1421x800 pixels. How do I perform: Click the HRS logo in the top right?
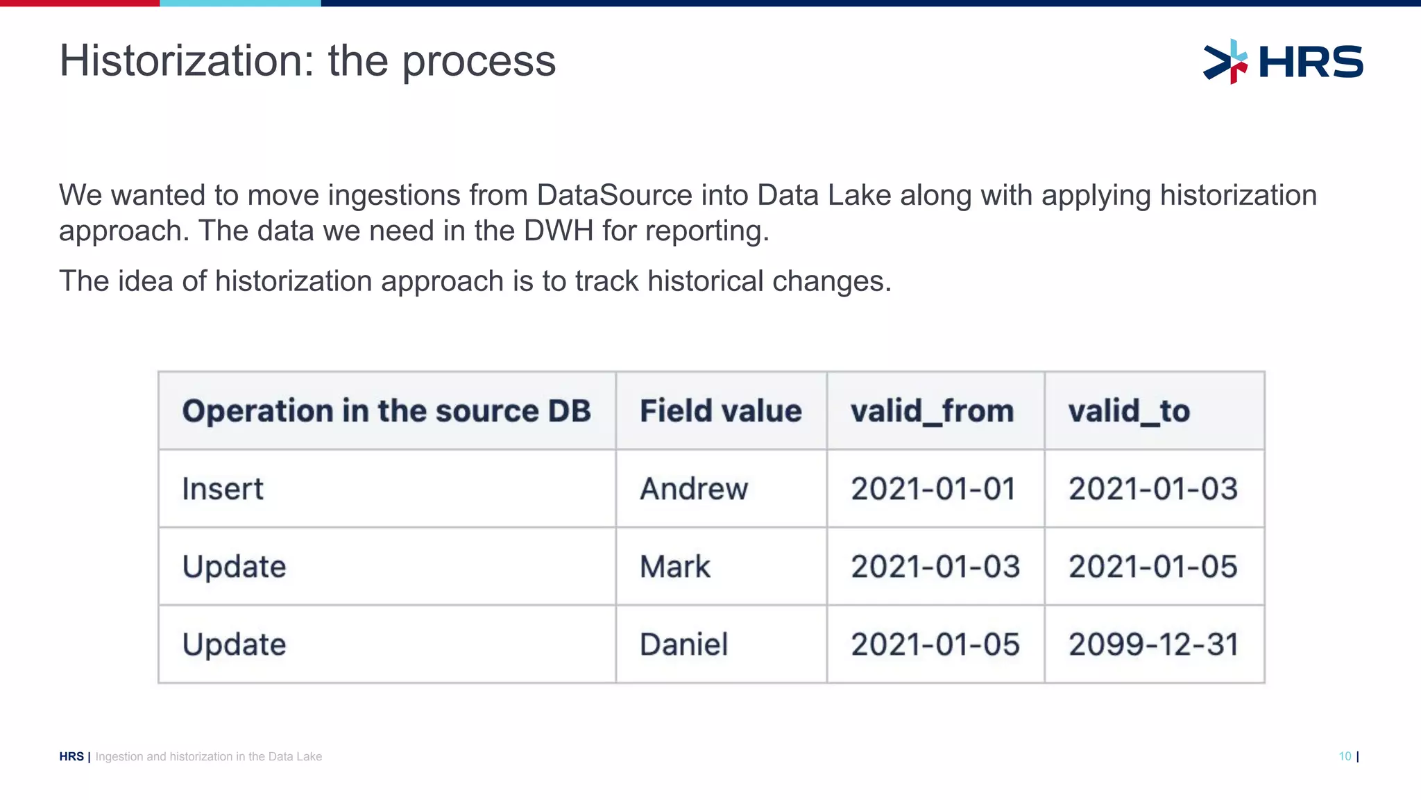(x=1284, y=62)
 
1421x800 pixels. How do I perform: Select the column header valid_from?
(x=932, y=411)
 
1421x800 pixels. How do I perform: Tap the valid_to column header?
(x=1129, y=411)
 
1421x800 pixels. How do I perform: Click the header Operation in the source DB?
(x=386, y=411)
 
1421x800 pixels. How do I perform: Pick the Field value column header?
(x=720, y=411)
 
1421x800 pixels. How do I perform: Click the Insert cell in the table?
(x=223, y=489)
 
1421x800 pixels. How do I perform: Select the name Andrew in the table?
(x=694, y=489)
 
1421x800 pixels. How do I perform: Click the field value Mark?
(x=675, y=567)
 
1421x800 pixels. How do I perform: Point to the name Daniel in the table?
(x=683, y=644)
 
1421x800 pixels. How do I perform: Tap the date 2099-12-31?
(x=1153, y=644)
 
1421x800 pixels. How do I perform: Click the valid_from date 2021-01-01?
(x=933, y=489)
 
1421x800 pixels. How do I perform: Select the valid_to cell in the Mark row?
(x=1153, y=567)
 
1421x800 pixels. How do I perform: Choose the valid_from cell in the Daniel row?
(x=935, y=644)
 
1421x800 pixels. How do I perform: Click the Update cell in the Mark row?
(x=234, y=567)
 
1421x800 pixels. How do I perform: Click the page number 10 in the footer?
(x=1345, y=756)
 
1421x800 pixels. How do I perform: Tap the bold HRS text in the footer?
(x=71, y=756)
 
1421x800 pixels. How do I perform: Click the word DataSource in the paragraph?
(x=614, y=195)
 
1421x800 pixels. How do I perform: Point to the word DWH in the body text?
(x=559, y=231)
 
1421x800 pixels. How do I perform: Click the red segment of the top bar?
(x=80, y=3)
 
